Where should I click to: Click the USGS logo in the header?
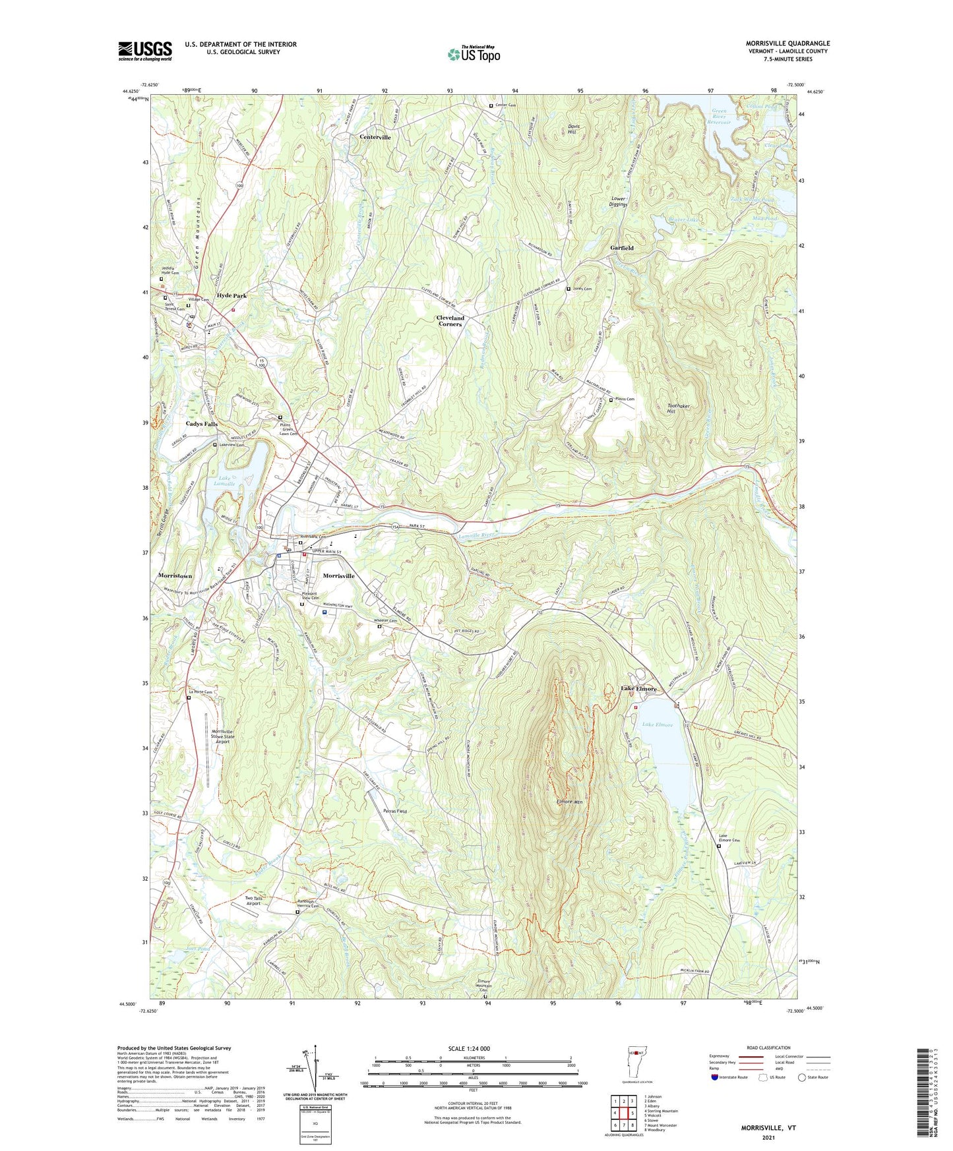click(145, 50)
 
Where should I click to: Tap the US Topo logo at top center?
click(474, 53)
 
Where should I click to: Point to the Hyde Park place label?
click(231, 296)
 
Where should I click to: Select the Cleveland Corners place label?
click(450, 320)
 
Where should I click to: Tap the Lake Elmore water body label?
click(658, 724)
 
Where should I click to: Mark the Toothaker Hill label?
click(678, 409)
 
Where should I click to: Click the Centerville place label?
click(375, 137)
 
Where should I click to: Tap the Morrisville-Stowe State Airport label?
click(223, 736)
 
